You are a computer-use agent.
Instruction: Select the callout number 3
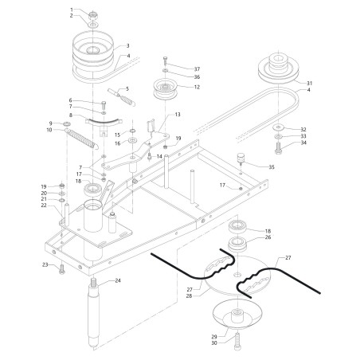[x=128, y=46]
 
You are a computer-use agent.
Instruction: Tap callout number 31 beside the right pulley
[x=310, y=84]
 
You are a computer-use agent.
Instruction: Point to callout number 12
[x=195, y=87]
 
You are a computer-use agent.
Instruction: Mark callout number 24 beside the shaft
[x=117, y=280]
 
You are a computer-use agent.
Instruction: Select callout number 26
[x=268, y=237]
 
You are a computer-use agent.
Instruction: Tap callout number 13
[x=177, y=115]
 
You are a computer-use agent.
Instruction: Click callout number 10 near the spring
[x=49, y=130]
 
